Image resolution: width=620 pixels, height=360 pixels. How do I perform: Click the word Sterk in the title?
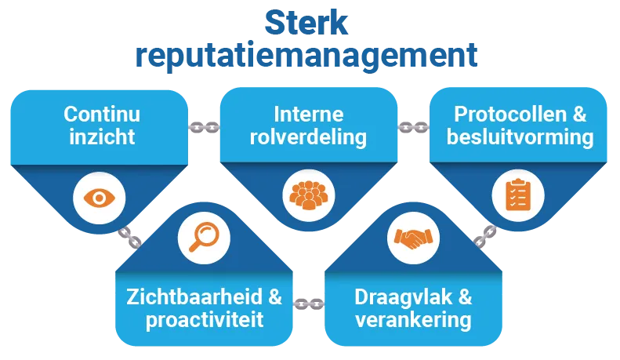tap(308, 23)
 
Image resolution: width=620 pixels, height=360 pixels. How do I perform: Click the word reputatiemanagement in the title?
tap(308, 56)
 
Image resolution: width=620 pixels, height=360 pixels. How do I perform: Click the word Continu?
tap(102, 115)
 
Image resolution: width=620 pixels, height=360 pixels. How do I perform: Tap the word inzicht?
tap(102, 137)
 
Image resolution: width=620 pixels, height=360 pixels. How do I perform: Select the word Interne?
tap(308, 115)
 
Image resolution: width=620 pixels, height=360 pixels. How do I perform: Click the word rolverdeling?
tap(308, 137)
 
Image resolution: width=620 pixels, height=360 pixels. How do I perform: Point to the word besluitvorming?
tap(520, 137)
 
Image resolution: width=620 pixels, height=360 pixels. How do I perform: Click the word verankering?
tap(413, 320)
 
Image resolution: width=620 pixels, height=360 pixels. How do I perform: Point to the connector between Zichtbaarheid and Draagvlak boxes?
tap(308, 300)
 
